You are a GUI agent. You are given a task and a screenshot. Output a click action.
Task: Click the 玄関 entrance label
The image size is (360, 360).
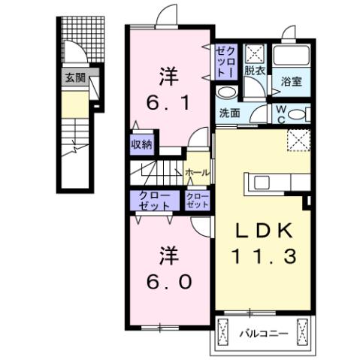(x=74, y=77)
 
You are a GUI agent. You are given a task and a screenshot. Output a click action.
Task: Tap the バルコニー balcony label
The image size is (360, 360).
(x=263, y=331)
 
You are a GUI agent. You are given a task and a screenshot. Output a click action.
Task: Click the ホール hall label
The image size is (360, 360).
(x=197, y=173)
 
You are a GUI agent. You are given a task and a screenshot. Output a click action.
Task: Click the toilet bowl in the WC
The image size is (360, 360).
(x=298, y=115)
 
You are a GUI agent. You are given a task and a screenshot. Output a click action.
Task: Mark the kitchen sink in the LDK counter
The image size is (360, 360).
(x=264, y=183)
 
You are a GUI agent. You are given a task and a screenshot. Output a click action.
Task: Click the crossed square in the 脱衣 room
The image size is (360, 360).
(x=254, y=53)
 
